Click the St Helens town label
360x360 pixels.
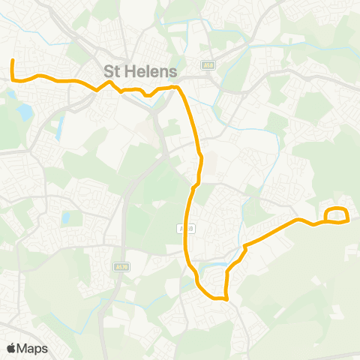click(140, 72)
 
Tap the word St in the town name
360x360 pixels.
click(112, 72)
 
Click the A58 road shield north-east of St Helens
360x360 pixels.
click(209, 64)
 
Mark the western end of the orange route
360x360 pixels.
click(13, 61)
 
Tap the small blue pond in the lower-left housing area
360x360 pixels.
click(67, 219)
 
